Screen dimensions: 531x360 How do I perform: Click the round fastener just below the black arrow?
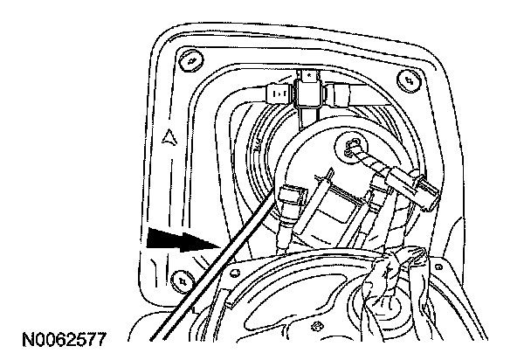pyautogui.click(x=181, y=280)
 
